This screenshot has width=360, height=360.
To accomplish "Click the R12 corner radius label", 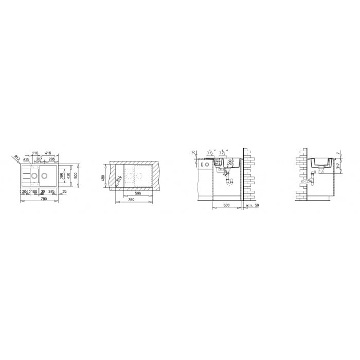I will (x=17, y=157).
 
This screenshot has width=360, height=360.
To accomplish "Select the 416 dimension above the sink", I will (x=48, y=153).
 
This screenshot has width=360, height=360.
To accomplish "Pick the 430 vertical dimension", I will (x=68, y=176).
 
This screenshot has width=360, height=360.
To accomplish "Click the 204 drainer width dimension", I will (x=25, y=191).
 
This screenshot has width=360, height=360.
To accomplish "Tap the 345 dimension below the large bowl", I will (x=51, y=191).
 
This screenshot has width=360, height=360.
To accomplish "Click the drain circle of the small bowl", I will (x=34, y=176).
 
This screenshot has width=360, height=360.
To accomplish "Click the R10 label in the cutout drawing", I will (x=118, y=178).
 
